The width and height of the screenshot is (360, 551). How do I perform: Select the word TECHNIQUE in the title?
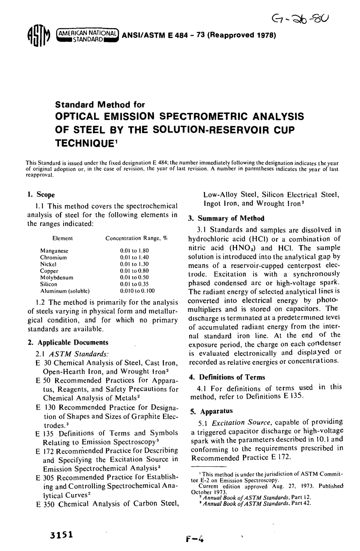click(x=87, y=143)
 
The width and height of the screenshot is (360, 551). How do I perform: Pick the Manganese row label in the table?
click(x=54, y=251)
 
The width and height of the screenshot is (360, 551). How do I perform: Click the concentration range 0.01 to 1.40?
click(x=134, y=257)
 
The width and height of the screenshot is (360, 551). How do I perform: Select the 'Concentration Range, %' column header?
click(x=136, y=239)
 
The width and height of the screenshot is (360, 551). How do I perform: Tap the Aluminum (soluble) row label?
click(x=65, y=291)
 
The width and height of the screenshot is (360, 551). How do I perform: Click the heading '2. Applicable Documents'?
click(x=68, y=342)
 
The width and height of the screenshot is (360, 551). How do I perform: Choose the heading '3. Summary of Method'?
click(x=226, y=218)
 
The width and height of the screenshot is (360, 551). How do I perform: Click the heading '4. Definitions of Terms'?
click(x=227, y=377)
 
